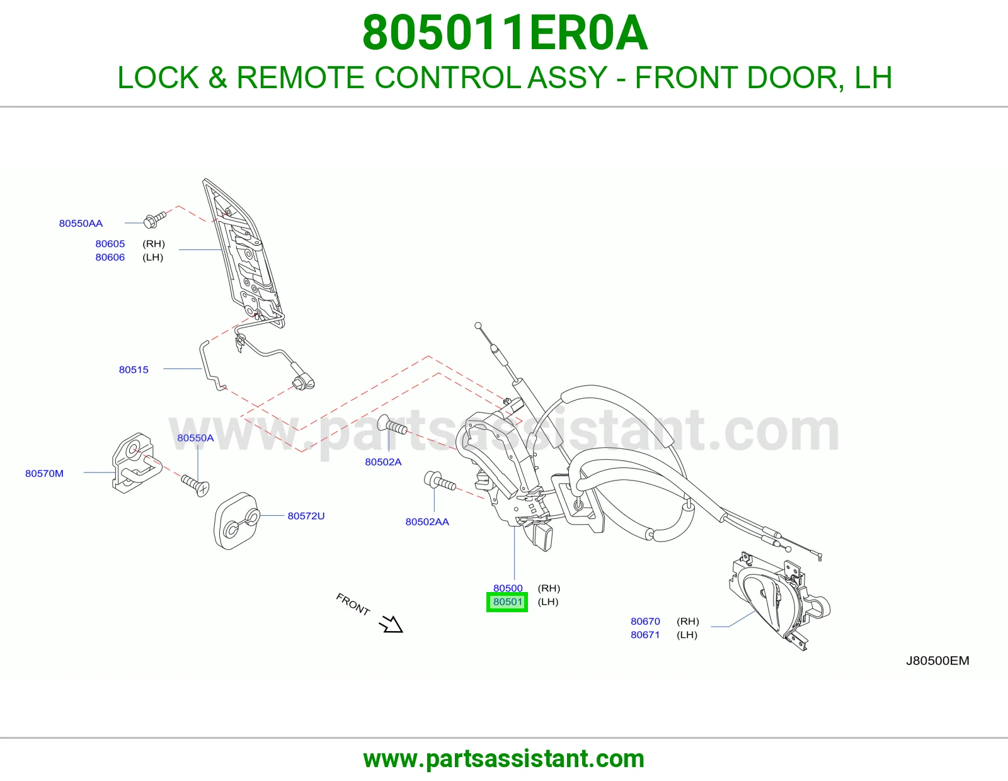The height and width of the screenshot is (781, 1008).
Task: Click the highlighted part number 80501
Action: pyautogui.click(x=508, y=602)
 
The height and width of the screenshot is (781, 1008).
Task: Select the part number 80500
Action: pyautogui.click(x=508, y=588)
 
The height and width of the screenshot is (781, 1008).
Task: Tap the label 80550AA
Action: pyautogui.click(x=81, y=223)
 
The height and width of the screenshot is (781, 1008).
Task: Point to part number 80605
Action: pyautogui.click(x=110, y=244)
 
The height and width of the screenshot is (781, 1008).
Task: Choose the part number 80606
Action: pyautogui.click(x=110, y=257)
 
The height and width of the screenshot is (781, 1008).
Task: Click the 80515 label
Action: pyautogui.click(x=134, y=370)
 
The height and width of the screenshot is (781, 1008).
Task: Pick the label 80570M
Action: pyautogui.click(x=44, y=474)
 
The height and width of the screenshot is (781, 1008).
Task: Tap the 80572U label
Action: pyautogui.click(x=306, y=516)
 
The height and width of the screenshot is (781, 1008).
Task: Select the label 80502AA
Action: pyautogui.click(x=427, y=522)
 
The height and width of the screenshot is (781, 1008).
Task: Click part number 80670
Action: pyautogui.click(x=645, y=621)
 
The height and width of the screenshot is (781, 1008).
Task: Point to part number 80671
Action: pyautogui.click(x=645, y=634)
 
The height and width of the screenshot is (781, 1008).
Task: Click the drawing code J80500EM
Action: pyautogui.click(x=937, y=661)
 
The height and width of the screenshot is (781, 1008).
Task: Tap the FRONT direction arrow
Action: pyautogui.click(x=391, y=624)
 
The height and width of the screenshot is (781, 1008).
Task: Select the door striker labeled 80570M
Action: pyautogui.click(x=136, y=464)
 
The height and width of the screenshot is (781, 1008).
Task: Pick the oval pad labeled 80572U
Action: pyautogui.click(x=236, y=522)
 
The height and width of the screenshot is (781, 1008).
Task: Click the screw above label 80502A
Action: pyautogui.click(x=392, y=426)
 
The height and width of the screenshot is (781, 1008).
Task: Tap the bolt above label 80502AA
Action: pyautogui.click(x=439, y=481)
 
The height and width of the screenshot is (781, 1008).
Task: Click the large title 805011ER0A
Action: pyautogui.click(x=505, y=33)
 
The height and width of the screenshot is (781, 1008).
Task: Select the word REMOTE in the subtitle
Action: pyautogui.click(x=300, y=77)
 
